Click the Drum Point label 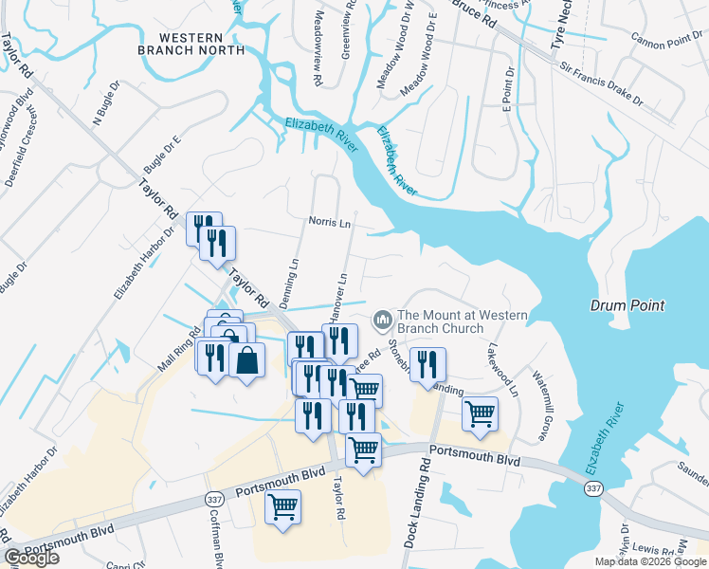(627, 305)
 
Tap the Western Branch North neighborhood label (185, 43)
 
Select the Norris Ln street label (330, 221)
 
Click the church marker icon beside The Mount (383, 320)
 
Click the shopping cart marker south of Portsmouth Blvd (282, 507)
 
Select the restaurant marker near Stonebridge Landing (427, 364)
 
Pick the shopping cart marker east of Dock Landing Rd (481, 415)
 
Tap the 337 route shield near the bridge (593, 488)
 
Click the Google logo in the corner (31, 558)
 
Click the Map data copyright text (650, 561)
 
